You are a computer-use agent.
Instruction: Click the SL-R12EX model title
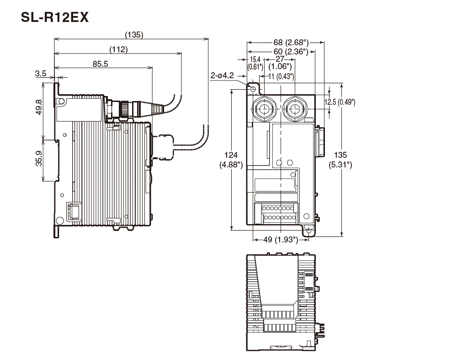pyautogui.click(x=55, y=18)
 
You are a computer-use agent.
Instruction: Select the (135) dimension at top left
pyautogui.click(x=134, y=34)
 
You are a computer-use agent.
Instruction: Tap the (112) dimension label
pyautogui.click(x=118, y=49)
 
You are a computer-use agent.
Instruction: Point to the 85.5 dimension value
pyautogui.click(x=100, y=64)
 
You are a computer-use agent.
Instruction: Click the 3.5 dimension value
pyautogui.click(x=40, y=73)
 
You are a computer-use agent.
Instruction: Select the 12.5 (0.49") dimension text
pyautogui.click(x=340, y=102)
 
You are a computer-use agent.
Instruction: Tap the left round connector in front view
pyautogui.click(x=264, y=109)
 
